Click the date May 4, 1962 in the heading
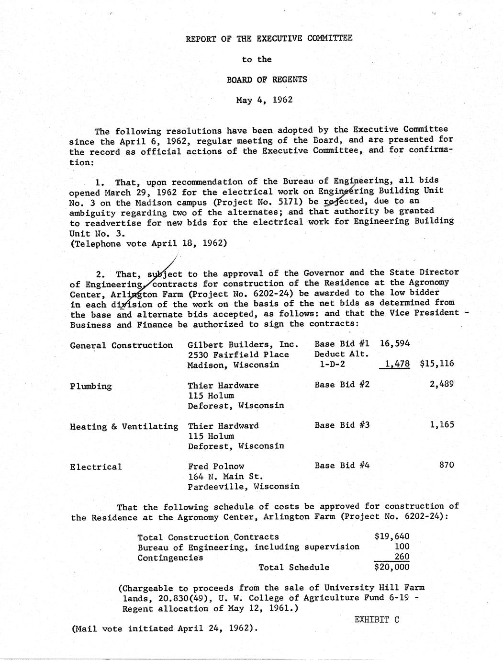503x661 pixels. (x=264, y=100)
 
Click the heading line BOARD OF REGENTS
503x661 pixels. (x=267, y=80)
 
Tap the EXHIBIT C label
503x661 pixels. (x=377, y=619)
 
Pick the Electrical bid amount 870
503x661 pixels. (x=447, y=465)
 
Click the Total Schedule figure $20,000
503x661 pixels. (x=391, y=567)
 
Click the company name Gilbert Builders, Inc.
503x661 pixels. (x=243, y=344)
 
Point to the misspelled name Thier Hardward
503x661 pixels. (x=223, y=426)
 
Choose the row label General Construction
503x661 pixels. (x=121, y=345)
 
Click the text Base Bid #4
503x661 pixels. (x=342, y=465)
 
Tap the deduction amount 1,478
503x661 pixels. (x=397, y=364)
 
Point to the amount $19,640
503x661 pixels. (x=391, y=536)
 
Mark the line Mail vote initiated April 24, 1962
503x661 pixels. (x=165, y=628)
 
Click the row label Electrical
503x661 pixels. (x=96, y=467)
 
